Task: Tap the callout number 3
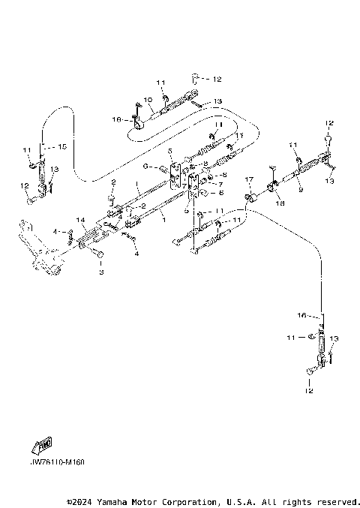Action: [100, 274]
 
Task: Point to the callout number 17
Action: [249, 180]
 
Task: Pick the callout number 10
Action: [148, 99]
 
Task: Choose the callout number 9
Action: [301, 190]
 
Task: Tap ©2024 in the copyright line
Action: [80, 501]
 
